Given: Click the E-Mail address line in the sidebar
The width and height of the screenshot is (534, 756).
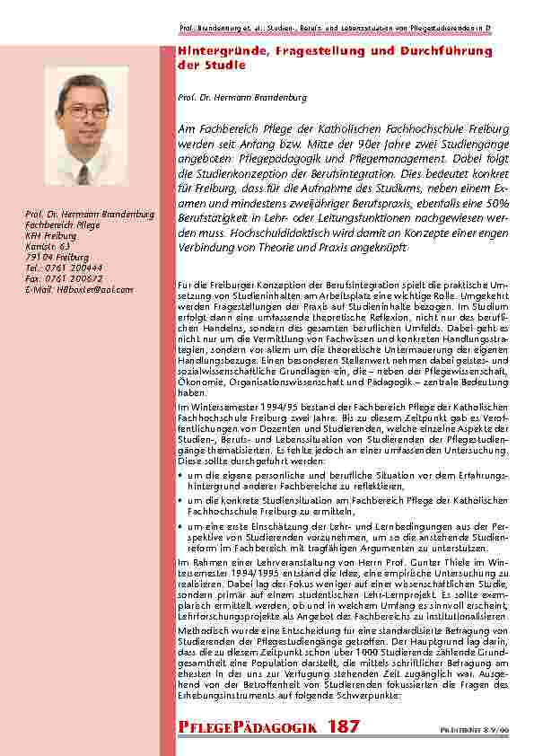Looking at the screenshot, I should (79, 290).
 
